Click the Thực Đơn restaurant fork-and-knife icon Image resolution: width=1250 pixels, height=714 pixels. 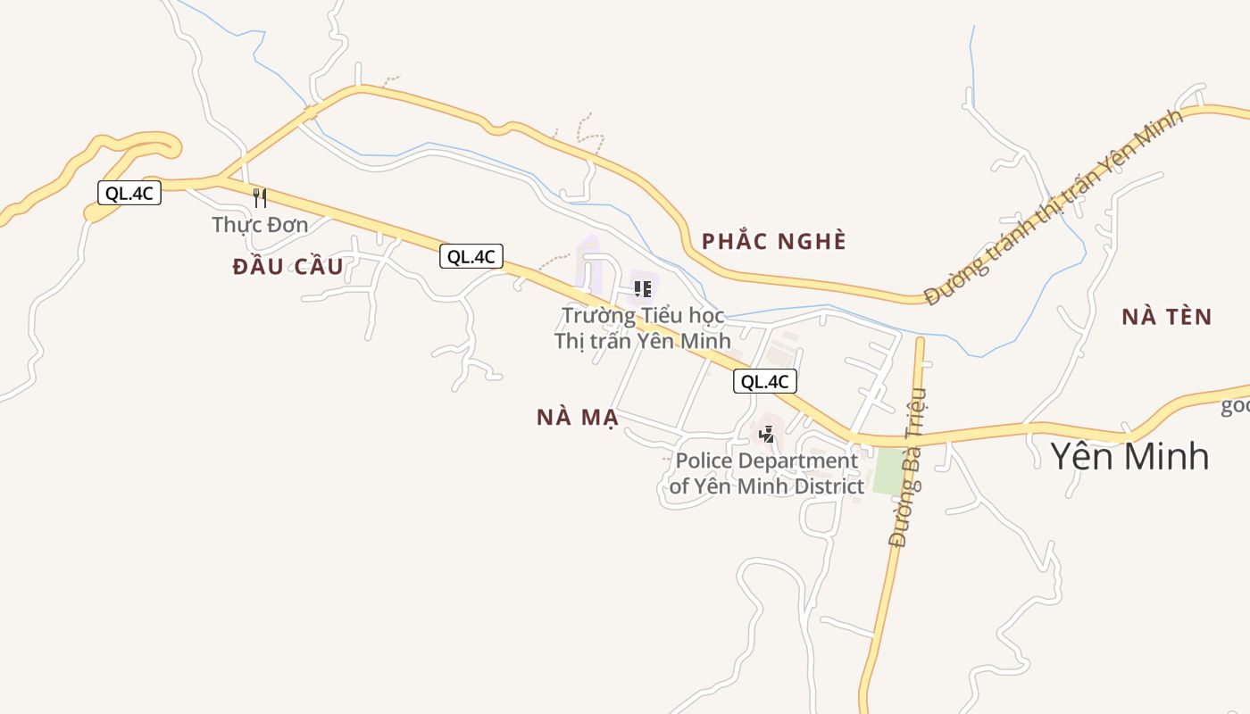[x=260, y=197]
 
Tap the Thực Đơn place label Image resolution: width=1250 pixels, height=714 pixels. [x=260, y=225]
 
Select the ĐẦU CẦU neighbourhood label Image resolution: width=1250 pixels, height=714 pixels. [x=287, y=267]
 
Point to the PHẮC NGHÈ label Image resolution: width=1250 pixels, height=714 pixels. [x=773, y=242]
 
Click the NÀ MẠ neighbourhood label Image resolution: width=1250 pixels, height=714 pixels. [x=578, y=418]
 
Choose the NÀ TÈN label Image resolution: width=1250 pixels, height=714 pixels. [x=1167, y=317]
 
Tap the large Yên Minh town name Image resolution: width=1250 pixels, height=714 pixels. [x=1129, y=456]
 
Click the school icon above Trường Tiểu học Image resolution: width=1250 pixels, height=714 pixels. [x=642, y=288]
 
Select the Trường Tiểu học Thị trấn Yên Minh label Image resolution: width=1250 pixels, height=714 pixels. [x=642, y=328]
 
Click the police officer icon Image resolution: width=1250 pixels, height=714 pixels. [x=766, y=435]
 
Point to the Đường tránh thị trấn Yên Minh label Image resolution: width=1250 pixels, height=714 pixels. [x=1054, y=207]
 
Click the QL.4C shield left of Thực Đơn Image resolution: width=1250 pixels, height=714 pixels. [x=129, y=194]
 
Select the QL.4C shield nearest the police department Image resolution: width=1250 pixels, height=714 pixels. [x=765, y=381]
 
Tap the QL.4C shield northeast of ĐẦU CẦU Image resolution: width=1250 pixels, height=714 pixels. [x=471, y=257]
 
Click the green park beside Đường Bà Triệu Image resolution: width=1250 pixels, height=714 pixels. [x=888, y=470]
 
